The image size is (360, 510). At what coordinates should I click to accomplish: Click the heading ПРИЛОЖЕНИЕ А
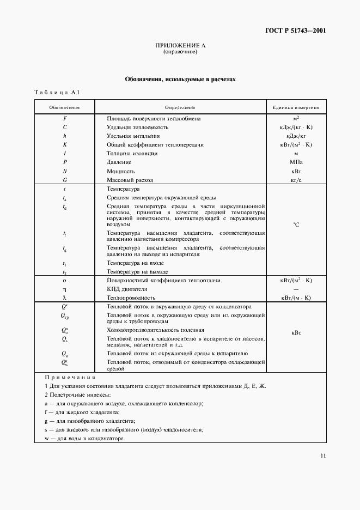[x=180, y=46]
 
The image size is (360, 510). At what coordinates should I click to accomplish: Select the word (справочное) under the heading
[x=180, y=52]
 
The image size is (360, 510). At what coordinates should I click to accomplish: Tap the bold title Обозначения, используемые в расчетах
[x=180, y=79]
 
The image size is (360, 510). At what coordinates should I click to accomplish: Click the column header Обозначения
[x=65, y=107]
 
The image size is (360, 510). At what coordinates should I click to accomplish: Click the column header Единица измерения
[x=296, y=107]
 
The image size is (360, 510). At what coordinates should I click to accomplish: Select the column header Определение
[x=180, y=107]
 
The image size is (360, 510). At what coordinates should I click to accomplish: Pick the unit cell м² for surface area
[x=296, y=118]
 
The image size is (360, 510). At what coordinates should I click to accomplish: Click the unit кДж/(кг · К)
[x=296, y=127]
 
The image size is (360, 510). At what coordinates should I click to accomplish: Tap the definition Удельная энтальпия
[x=134, y=136]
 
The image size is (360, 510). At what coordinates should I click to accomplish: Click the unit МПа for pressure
[x=296, y=162]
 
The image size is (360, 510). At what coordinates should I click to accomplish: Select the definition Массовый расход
[x=130, y=179]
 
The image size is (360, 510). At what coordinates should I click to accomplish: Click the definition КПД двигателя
[x=127, y=289]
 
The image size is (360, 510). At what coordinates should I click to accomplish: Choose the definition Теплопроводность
[x=132, y=297]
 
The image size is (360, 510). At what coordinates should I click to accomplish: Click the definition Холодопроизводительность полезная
[x=156, y=330]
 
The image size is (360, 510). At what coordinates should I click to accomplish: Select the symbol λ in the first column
[x=65, y=298]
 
